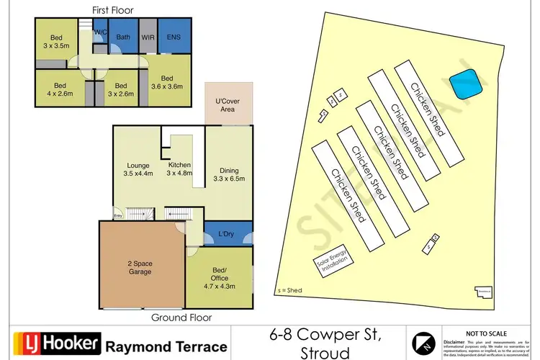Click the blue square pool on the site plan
(465, 84)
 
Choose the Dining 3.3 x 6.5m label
(228, 174)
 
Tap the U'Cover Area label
(228, 104)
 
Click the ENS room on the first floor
(174, 37)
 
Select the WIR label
(149, 37)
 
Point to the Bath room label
(124, 37)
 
